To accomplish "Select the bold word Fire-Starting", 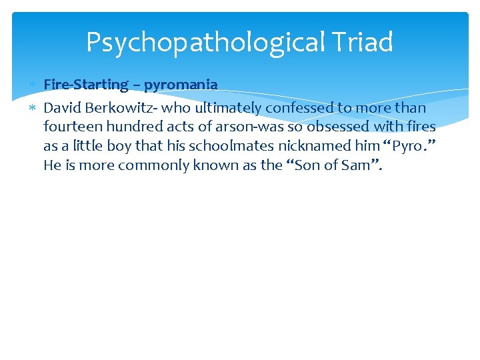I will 86,85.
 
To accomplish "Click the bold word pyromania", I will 181,85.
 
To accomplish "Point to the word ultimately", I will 229,107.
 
